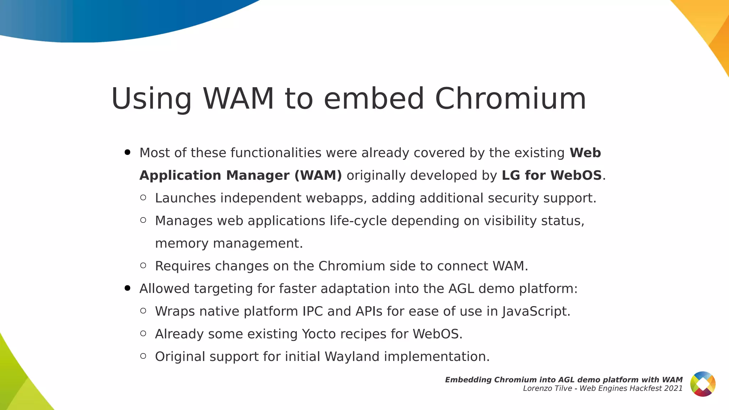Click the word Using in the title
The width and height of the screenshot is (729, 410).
tap(152, 99)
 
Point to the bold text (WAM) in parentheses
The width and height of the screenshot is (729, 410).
tap(318, 175)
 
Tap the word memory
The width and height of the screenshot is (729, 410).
tap(182, 243)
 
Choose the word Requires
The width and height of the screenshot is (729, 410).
tap(183, 266)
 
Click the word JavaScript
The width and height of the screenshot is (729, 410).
tap(536, 311)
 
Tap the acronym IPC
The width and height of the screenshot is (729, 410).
tap(313, 311)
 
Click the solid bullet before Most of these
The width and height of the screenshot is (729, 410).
tap(127, 153)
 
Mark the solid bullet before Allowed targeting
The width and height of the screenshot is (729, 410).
tap(127, 288)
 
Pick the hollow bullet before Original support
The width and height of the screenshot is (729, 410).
tap(143, 356)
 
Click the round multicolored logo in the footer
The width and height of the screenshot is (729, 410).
tap(703, 384)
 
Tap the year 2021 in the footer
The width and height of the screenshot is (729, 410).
tap(673, 388)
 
